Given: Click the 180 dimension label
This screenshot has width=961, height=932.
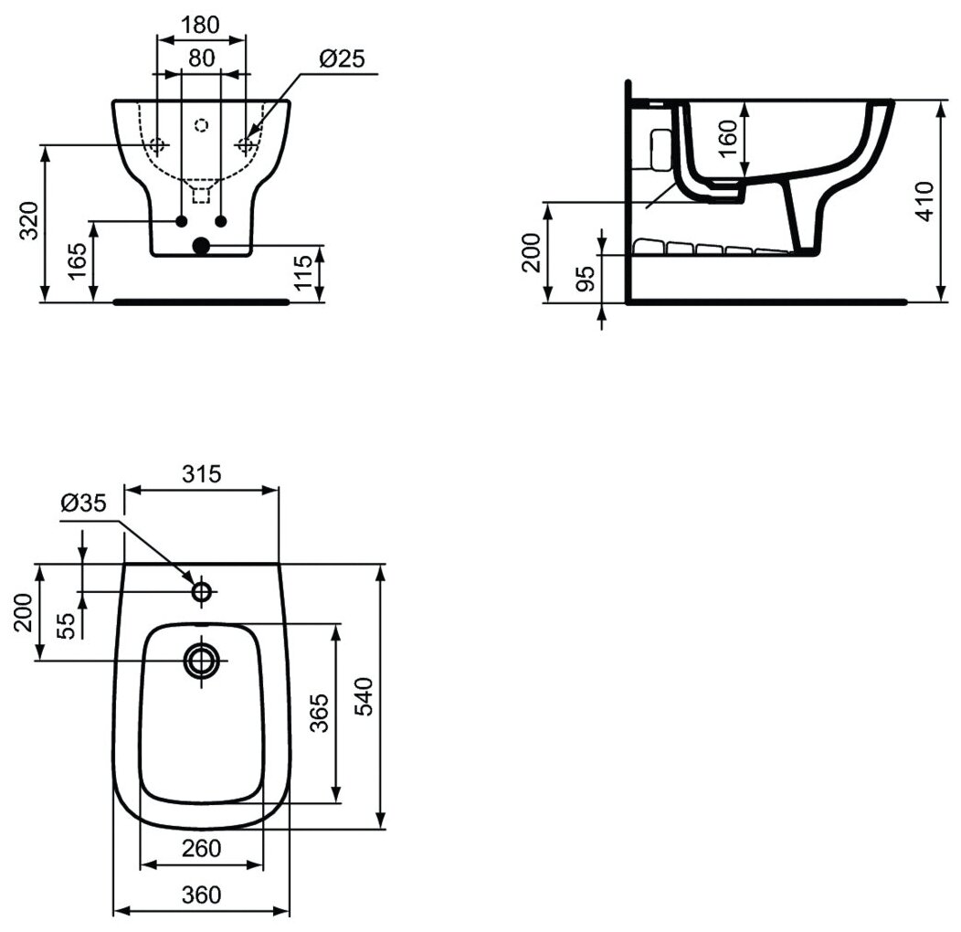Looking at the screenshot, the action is click(200, 25).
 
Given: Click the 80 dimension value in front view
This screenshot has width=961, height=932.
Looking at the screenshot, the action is click(202, 58).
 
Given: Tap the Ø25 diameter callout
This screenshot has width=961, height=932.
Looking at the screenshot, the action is click(342, 59).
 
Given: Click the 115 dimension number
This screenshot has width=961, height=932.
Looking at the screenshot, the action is click(305, 272).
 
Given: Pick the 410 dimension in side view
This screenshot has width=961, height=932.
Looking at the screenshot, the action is click(924, 201).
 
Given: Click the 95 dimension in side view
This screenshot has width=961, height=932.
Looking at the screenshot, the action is click(586, 277).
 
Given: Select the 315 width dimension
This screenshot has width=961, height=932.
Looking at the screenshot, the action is click(201, 473).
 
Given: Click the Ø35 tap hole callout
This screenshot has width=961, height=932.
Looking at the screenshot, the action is click(84, 503).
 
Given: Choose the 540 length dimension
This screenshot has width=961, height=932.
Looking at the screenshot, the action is click(363, 698).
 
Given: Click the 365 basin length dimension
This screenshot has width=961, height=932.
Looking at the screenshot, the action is click(319, 712).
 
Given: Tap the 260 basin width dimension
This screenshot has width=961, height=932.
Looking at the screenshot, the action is click(202, 848).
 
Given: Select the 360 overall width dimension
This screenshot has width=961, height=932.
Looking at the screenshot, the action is click(201, 895).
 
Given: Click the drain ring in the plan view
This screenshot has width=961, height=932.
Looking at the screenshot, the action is click(202, 659).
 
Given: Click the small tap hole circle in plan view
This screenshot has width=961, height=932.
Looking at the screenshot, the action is click(202, 591).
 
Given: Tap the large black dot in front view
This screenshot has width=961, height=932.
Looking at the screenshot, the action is click(201, 245).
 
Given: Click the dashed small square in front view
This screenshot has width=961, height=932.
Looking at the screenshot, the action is click(202, 194).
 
